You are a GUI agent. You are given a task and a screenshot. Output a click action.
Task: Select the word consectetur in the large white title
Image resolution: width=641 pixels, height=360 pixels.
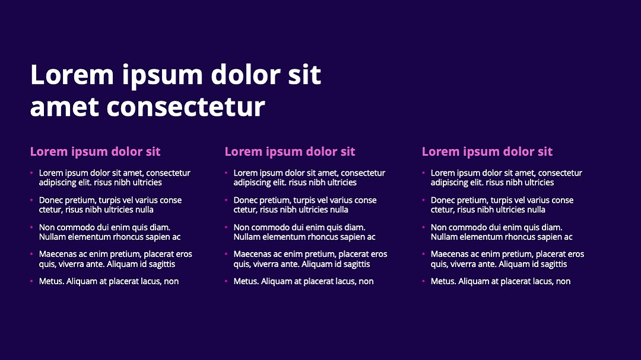186,107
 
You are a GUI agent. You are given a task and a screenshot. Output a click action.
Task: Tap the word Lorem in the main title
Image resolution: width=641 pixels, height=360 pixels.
72,74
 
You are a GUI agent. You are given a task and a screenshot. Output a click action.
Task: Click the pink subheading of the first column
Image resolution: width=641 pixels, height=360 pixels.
95,152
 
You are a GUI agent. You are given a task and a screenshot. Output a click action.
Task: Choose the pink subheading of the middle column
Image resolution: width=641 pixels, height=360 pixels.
290,152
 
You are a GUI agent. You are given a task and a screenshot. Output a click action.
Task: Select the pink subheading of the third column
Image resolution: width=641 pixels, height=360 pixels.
487,152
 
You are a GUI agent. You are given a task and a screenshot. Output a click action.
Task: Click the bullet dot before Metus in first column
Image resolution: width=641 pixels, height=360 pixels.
31,281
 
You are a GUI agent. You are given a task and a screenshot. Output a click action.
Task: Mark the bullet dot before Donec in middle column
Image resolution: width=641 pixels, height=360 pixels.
226,200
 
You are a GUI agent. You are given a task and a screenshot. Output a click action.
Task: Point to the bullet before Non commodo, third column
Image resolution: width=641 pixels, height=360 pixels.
424,227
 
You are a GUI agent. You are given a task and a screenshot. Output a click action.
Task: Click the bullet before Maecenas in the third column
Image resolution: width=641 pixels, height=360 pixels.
424,254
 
